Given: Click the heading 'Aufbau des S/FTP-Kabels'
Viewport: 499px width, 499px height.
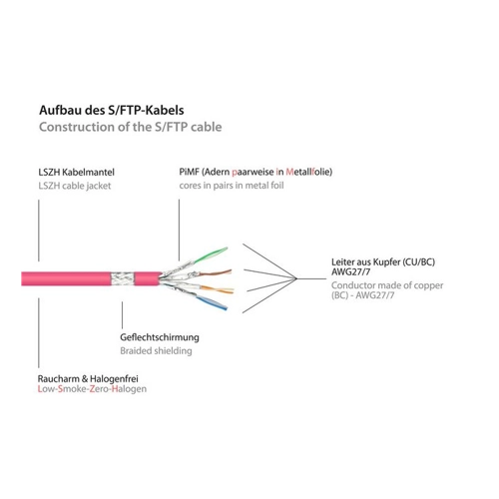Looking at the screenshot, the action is pyautogui.click(x=112, y=110).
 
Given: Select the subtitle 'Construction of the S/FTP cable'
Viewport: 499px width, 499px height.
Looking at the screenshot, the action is pyautogui.click(x=131, y=127).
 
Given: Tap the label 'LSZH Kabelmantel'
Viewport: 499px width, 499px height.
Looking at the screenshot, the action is pyautogui.click(x=76, y=172).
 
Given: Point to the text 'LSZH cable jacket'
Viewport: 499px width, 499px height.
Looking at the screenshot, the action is pyautogui.click(x=75, y=186).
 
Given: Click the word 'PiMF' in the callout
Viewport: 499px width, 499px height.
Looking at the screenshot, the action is pyautogui.click(x=189, y=172).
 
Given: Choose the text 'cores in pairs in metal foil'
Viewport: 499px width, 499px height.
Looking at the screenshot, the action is pyautogui.click(x=232, y=186).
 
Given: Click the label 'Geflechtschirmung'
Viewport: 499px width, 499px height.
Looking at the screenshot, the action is pyautogui.click(x=160, y=337).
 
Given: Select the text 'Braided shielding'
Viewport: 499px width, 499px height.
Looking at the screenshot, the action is pyautogui.click(x=156, y=350).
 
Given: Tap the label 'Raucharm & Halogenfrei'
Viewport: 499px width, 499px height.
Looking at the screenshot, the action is pyautogui.click(x=88, y=378).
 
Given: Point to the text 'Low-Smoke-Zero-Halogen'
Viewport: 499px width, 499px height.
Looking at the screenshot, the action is pyautogui.click(x=92, y=389).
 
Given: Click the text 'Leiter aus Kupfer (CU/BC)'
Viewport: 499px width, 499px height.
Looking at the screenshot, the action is pyautogui.click(x=383, y=261).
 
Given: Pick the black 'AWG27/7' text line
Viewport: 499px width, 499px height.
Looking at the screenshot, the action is pyautogui.click(x=350, y=271).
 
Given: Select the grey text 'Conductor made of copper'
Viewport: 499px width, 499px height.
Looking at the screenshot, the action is pyautogui.click(x=387, y=285).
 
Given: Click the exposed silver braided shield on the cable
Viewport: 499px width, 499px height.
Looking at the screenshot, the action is pyautogui.click(x=122, y=278).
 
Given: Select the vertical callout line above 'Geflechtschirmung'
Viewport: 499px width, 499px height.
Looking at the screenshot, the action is pyautogui.click(x=122, y=315).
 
